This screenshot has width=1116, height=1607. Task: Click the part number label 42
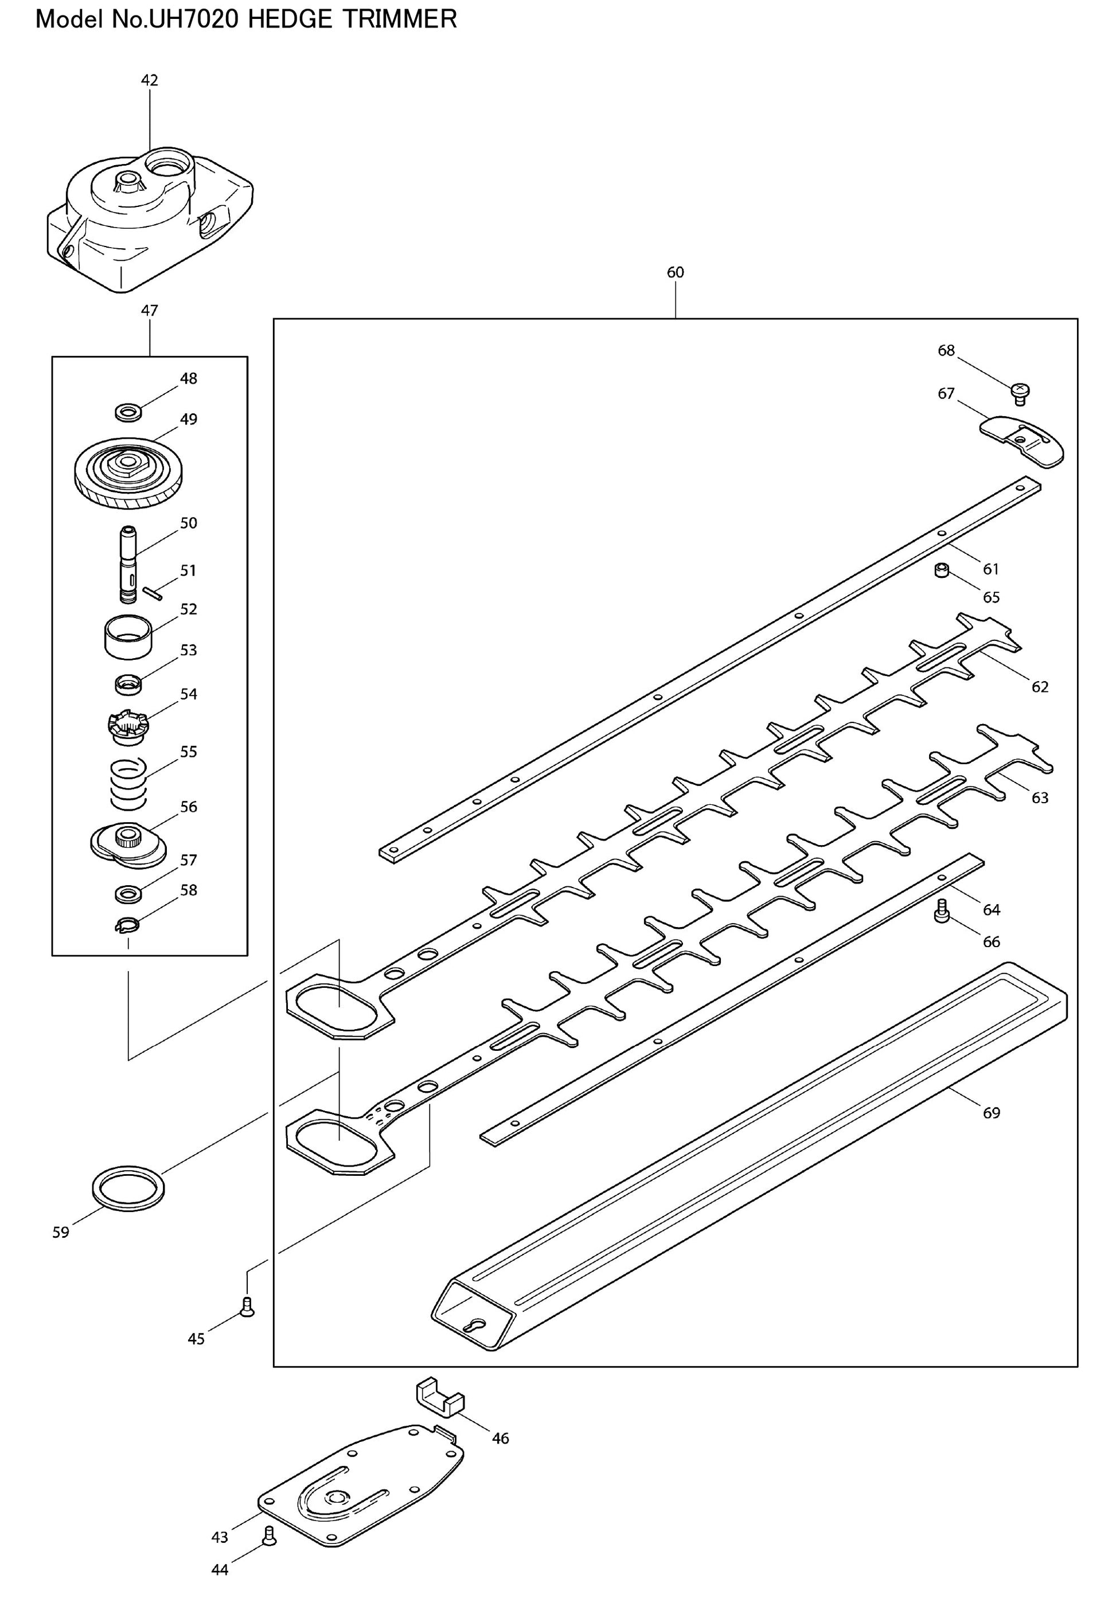click(x=150, y=80)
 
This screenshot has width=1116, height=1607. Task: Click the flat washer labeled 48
click(x=127, y=412)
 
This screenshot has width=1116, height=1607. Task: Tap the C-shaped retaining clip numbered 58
click(x=127, y=925)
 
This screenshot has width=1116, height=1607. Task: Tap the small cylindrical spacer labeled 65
click(x=941, y=571)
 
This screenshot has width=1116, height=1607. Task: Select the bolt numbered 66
click(x=941, y=912)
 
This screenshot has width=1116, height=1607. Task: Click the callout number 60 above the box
click(x=675, y=272)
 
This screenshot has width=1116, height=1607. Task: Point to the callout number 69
click(x=991, y=1113)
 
